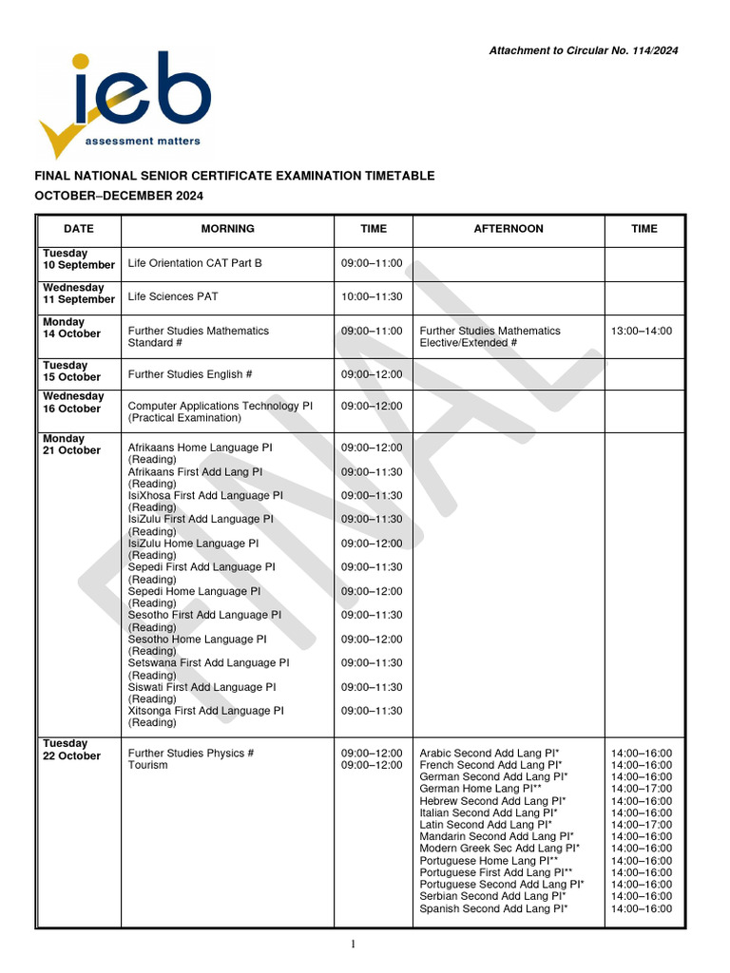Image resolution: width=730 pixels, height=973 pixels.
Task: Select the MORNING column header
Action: (227, 229)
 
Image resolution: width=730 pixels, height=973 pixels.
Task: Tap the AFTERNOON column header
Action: (509, 229)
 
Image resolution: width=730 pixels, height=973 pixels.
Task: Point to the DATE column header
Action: (79, 229)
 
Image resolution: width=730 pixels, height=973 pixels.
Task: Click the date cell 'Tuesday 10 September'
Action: (79, 259)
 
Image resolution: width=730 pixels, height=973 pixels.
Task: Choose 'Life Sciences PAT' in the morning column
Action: (173, 296)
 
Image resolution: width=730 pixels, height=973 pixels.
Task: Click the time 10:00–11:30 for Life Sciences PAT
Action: (372, 296)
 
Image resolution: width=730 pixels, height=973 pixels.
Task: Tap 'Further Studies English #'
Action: (190, 374)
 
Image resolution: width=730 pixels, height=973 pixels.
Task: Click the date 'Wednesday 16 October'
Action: (75, 402)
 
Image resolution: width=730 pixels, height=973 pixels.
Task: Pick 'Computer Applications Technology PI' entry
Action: (221, 406)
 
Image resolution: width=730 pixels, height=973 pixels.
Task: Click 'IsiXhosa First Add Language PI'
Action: (205, 495)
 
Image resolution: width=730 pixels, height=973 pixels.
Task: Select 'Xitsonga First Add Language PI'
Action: (206, 710)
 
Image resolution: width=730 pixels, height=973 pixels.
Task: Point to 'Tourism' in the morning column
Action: (148, 765)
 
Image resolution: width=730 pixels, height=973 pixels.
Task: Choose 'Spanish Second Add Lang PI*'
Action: (493, 908)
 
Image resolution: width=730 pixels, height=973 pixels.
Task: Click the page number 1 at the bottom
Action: (352, 944)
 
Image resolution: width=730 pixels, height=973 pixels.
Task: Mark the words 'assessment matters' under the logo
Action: (143, 141)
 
